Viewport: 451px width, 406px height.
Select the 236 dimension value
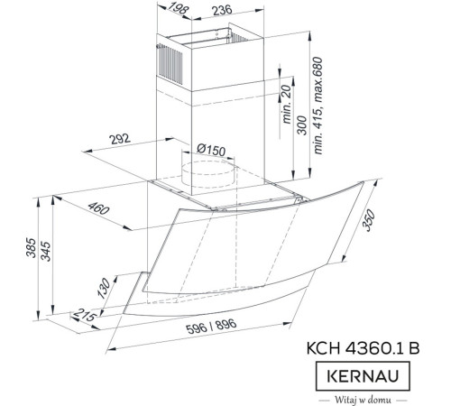pyautogui.click(x=221, y=10)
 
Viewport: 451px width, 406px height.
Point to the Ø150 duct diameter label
pyautogui.click(x=211, y=149)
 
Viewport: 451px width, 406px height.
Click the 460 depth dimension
pyautogui.click(x=99, y=209)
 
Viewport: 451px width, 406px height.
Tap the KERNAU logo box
pyautogui.click(x=358, y=373)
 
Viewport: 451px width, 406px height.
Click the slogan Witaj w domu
pyautogui.click(x=358, y=396)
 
